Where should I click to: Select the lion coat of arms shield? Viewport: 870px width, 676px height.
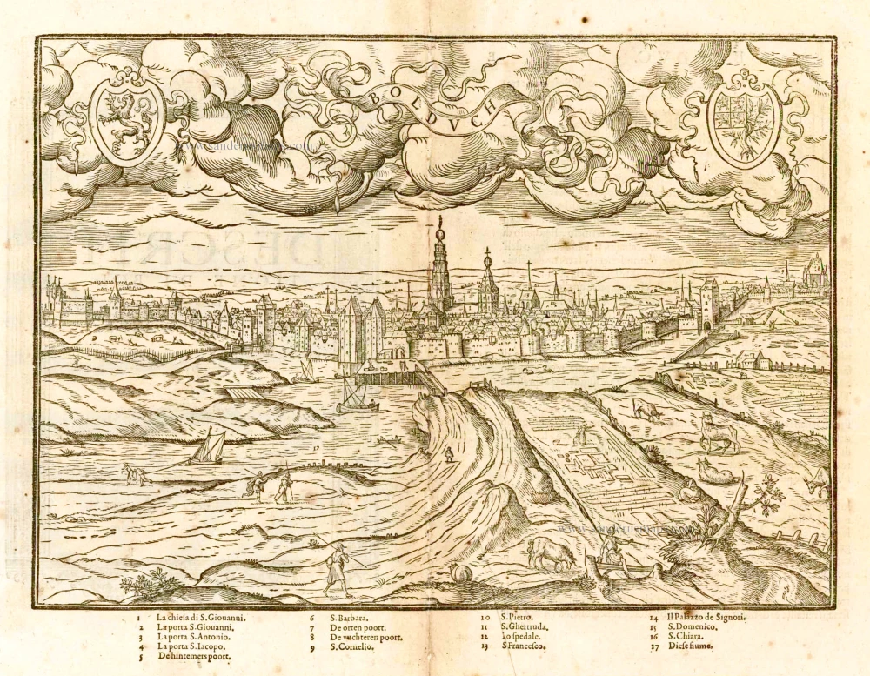127,117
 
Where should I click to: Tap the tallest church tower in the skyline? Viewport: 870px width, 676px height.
440,270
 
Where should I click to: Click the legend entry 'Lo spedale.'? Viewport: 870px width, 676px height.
523,636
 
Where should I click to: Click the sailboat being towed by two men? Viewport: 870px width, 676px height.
209,448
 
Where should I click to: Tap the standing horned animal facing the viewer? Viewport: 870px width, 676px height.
719,432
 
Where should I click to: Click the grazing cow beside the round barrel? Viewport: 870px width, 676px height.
548,552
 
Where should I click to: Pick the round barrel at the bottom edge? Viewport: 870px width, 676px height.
458,575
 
